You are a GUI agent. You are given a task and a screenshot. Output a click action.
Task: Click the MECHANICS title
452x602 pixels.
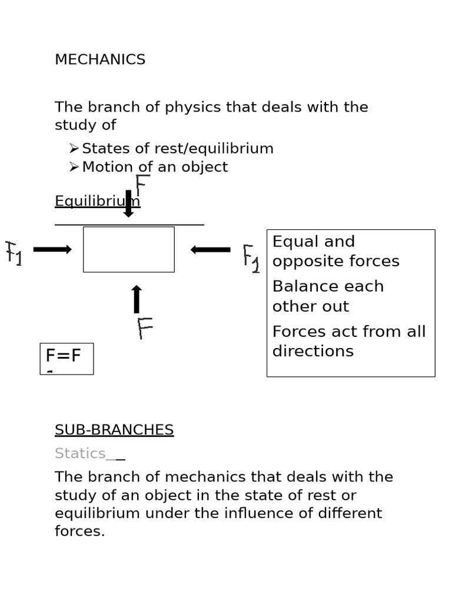100,59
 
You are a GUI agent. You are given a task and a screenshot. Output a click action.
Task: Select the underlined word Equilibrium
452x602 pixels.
97,202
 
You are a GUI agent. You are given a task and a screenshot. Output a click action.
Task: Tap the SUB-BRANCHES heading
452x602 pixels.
114,430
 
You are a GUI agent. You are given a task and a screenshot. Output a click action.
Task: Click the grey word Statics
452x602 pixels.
80,453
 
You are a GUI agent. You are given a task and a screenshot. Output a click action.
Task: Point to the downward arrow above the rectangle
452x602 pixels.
128,203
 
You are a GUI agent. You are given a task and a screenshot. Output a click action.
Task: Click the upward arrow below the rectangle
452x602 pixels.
137,299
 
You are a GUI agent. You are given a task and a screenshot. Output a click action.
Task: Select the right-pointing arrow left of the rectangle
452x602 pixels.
52,249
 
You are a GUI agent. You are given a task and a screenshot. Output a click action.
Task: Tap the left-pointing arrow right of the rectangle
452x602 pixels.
210,250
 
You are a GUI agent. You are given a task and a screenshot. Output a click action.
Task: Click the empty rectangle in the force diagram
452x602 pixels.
129,249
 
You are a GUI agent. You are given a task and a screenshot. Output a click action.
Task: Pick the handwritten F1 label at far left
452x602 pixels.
14,253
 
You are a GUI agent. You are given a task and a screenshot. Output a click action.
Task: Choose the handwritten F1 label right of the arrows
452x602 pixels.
251,258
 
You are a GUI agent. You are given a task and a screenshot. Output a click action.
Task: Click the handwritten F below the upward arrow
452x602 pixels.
145,328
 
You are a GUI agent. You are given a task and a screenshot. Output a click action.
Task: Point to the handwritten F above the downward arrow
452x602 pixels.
142,185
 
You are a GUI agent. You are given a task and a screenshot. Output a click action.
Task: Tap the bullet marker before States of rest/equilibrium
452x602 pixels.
74,149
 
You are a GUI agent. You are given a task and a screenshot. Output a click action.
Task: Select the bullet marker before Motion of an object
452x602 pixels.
74,167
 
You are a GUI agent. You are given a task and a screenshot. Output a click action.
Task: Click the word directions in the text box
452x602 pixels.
313,352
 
